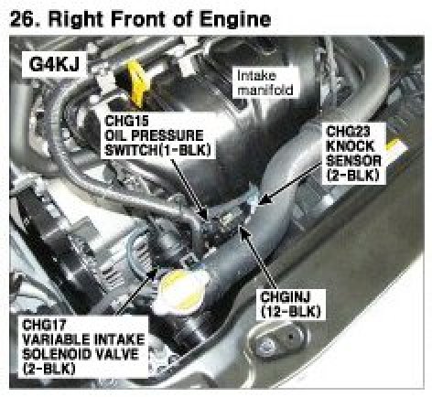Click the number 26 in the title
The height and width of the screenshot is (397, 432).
tap(22, 19)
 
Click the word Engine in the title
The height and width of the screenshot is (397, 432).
tap(235, 21)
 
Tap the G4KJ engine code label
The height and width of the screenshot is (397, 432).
tap(54, 64)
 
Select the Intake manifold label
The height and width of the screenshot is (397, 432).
tap(265, 82)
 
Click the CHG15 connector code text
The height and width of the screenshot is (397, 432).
tap(126, 121)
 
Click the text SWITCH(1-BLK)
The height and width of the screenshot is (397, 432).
tap(157, 150)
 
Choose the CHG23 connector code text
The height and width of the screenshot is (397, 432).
tap(348, 132)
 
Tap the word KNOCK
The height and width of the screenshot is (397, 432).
tap(350, 146)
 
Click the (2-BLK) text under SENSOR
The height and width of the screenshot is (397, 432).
tap(352, 176)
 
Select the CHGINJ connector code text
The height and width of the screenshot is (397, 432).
tap(286, 296)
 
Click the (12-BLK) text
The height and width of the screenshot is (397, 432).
tap(291, 311)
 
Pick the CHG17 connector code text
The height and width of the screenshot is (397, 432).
tap(44, 325)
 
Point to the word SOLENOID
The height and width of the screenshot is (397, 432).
tap(58, 354)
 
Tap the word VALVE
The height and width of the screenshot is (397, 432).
tap(118, 354)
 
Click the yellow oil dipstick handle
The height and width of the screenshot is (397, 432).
tap(136, 83)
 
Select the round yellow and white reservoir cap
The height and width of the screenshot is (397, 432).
tap(183, 291)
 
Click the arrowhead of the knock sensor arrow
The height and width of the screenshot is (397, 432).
tap(263, 199)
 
